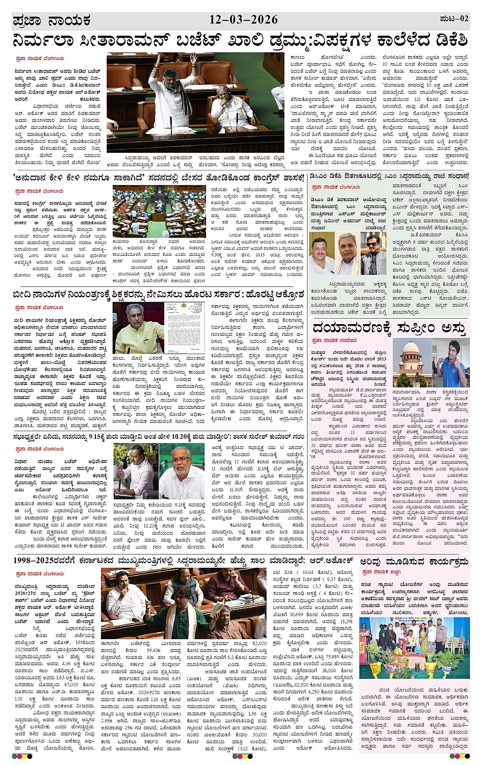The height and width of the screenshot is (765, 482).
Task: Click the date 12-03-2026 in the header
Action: tap(243, 20)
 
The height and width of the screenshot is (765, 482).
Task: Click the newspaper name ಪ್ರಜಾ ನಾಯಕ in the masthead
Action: tap(52, 21)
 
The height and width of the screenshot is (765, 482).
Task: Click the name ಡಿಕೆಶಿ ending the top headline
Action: tap(449, 41)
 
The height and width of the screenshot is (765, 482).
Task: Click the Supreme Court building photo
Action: tap(411, 363)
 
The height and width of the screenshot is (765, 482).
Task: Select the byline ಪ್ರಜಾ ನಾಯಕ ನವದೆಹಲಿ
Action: tap(334, 340)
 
